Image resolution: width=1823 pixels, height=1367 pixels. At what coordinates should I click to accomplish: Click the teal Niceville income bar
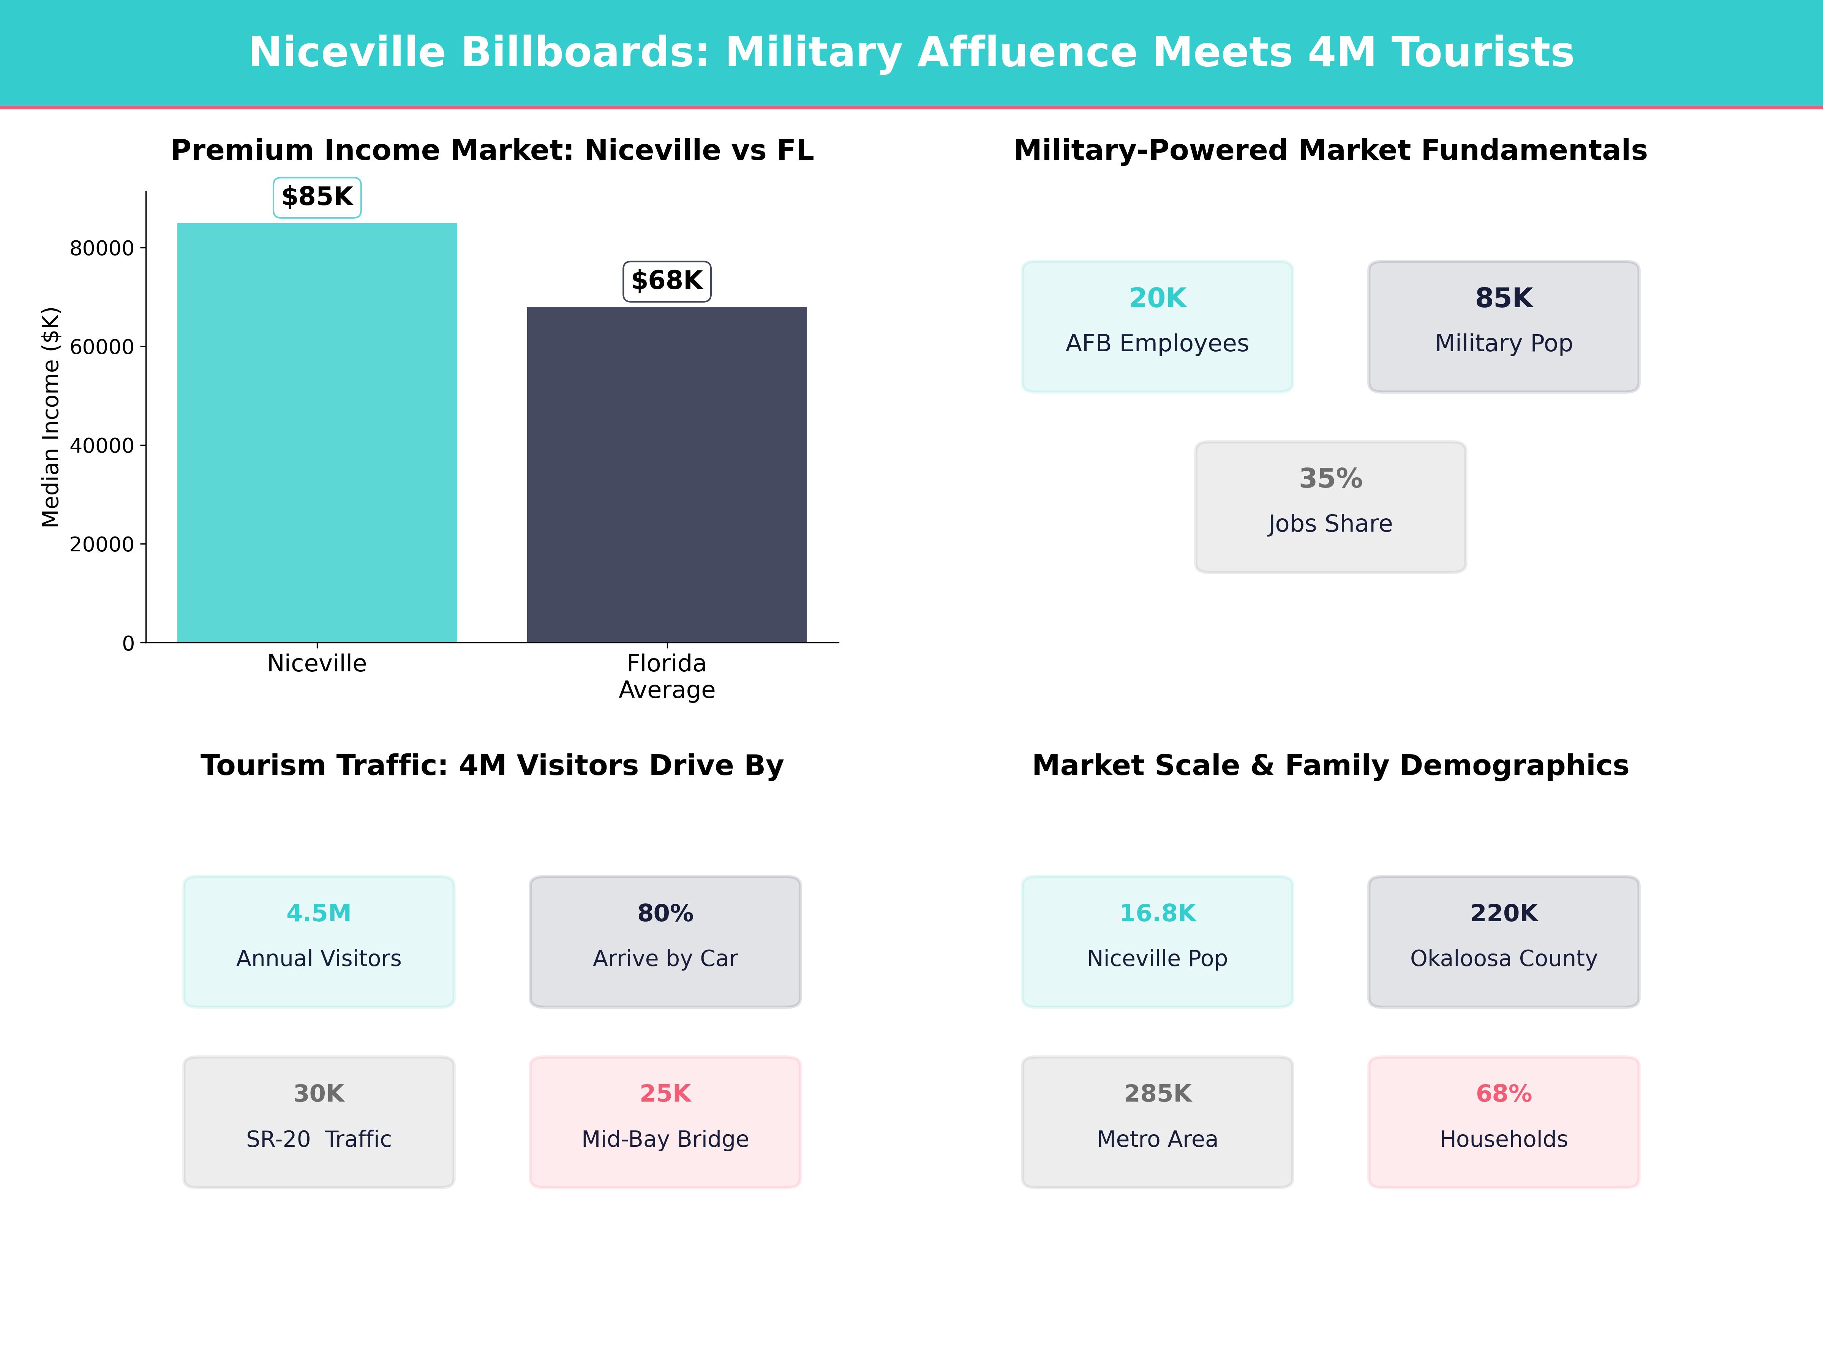click(x=317, y=433)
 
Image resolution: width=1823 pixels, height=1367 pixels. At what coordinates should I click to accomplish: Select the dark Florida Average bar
click(x=667, y=475)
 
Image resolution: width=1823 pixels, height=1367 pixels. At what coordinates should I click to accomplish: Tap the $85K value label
click(x=317, y=197)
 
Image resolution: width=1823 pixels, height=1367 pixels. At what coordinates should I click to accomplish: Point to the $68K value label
click(x=667, y=281)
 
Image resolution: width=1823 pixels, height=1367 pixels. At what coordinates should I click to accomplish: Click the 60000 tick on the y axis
click(x=101, y=347)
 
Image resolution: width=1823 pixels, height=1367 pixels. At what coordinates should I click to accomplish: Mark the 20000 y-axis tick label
click(x=101, y=545)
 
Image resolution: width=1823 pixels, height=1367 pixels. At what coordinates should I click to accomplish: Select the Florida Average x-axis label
click(x=667, y=677)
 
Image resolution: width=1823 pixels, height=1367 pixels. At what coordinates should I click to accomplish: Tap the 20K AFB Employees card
click(x=1157, y=326)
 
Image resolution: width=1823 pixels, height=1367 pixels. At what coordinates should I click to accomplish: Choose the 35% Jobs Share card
click(x=1330, y=507)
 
